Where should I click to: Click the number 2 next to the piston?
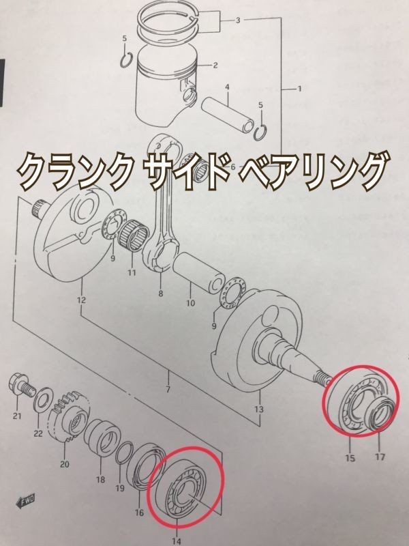[214, 66]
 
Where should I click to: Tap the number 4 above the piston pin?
[226, 87]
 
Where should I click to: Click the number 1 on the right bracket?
[298, 89]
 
